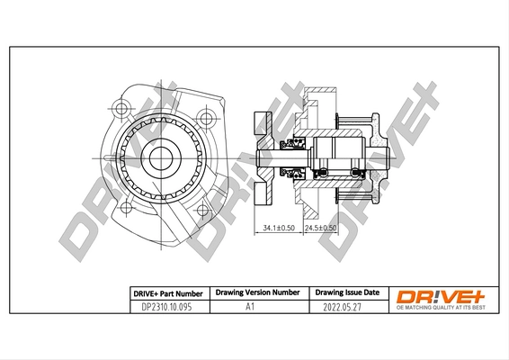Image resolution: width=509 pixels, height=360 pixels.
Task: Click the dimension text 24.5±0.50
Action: click(320, 229)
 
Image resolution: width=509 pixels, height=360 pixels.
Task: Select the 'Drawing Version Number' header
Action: click(257, 293)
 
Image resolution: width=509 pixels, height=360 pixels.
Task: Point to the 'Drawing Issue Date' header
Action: click(347, 293)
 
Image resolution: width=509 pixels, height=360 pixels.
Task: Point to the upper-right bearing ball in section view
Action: click(346, 147)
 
